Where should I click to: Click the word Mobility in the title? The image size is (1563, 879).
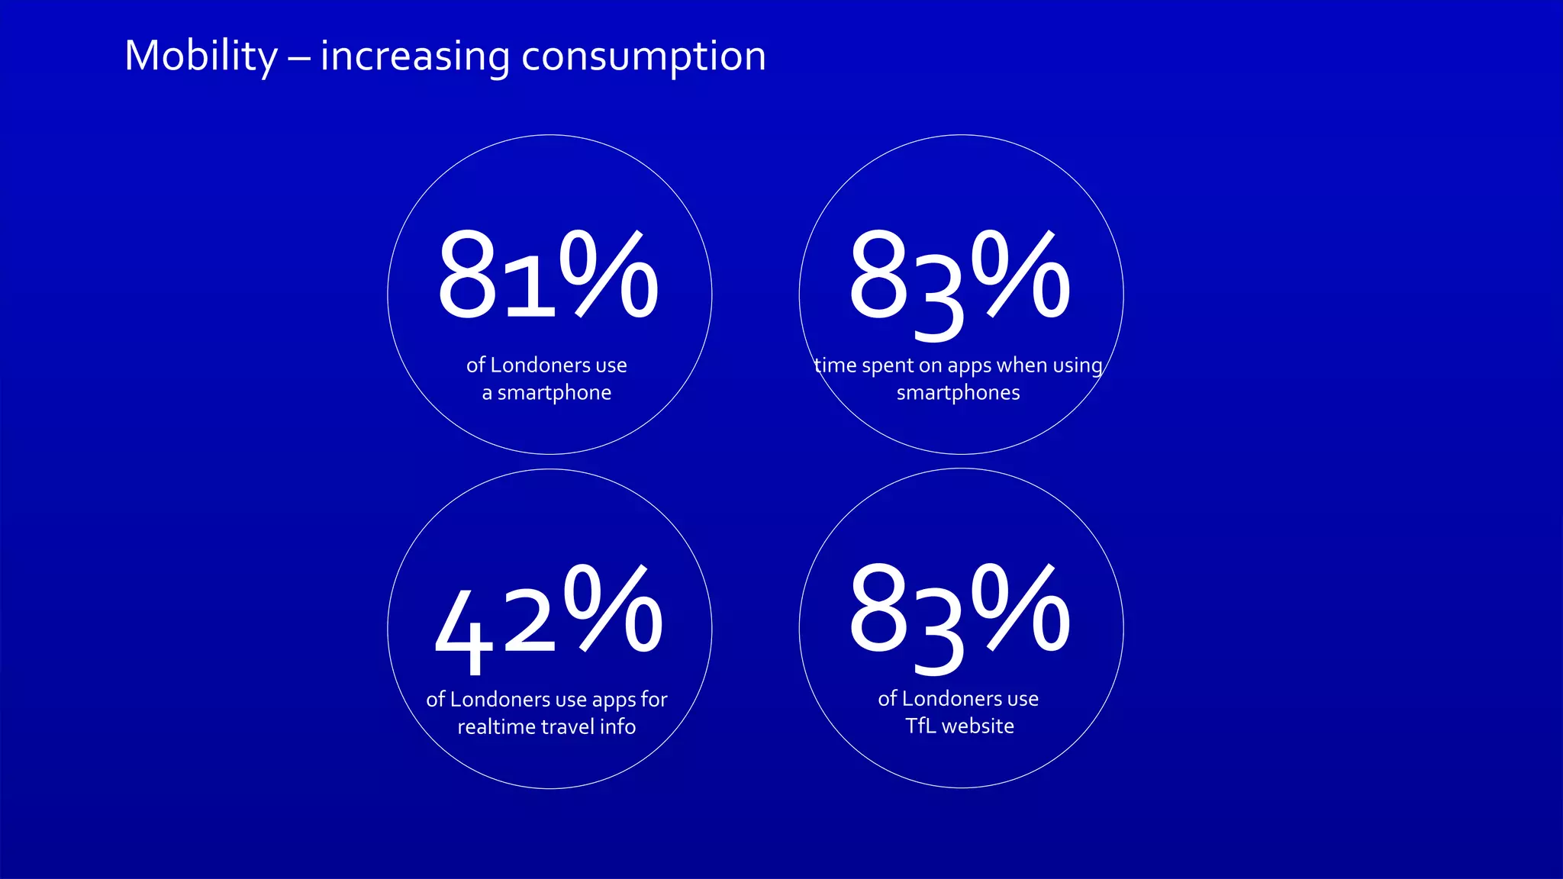[201, 56]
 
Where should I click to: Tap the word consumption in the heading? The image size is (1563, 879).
[643, 56]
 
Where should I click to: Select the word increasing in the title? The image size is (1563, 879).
[414, 56]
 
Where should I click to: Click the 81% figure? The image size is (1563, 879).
[547, 276]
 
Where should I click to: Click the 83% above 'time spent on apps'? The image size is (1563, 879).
[959, 279]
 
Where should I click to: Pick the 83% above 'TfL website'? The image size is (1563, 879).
[959, 614]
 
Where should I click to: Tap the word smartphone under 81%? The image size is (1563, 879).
[554, 393]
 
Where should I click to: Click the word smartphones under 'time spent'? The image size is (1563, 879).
[958, 393]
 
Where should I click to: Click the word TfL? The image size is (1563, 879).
[920, 726]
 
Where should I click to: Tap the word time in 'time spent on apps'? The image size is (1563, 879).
[836, 365]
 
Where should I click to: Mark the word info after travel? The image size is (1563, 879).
[617, 726]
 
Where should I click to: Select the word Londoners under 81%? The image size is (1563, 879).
[540, 365]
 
